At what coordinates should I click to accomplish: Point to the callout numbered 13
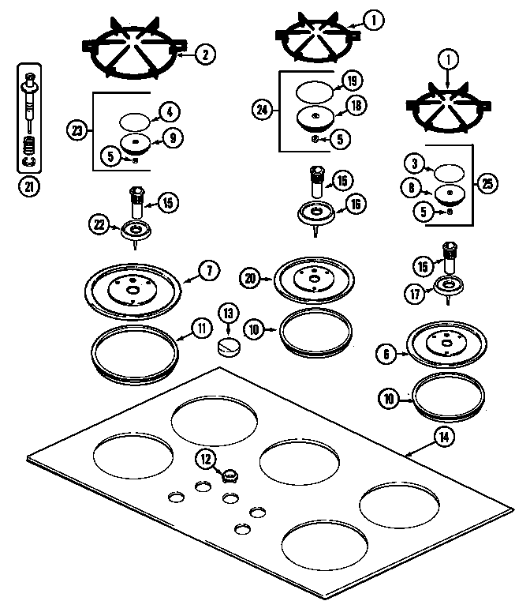tap(228, 313)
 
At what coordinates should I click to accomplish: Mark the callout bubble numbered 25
tap(488, 183)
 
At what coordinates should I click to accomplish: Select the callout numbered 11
tap(201, 326)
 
